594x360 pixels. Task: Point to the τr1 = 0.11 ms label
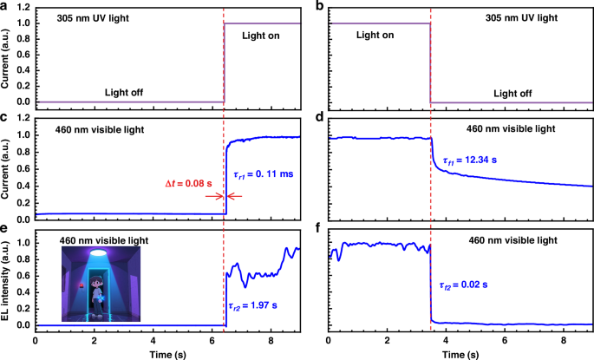click(x=263, y=174)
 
